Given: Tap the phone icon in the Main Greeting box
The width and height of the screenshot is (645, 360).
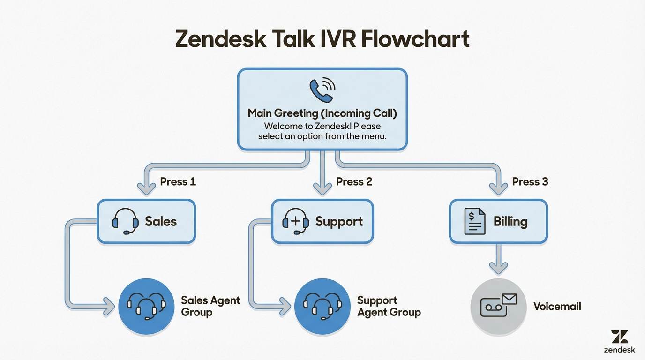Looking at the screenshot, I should tap(322, 90).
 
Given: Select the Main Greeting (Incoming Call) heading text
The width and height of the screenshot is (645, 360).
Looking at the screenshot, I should tap(322, 113).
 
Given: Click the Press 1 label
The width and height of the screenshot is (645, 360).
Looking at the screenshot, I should tap(178, 181).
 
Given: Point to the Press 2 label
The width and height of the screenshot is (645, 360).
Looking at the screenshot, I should tap(354, 181).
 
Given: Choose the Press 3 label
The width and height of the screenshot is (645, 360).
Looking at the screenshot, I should tap(530, 181).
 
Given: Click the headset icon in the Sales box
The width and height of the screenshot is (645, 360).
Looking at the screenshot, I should tap(125, 222).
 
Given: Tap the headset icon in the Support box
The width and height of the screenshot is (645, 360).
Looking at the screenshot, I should tap(296, 222).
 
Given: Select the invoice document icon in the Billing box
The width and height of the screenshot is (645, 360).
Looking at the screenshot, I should tap(474, 222).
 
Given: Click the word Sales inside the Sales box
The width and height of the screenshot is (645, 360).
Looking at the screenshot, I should tap(161, 222).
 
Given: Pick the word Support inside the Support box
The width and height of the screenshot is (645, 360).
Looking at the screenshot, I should tap(339, 222).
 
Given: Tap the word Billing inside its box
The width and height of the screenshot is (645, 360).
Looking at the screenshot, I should tap(510, 222).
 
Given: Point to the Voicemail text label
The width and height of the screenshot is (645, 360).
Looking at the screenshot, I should tap(557, 307).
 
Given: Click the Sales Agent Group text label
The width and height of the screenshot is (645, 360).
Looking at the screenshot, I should tap(210, 306).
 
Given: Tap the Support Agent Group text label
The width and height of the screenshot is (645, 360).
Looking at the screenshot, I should tap(389, 306).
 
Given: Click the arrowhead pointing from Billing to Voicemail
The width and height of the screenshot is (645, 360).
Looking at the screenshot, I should tap(498, 268).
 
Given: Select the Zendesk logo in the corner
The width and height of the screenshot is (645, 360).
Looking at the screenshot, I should tap(619, 341).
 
